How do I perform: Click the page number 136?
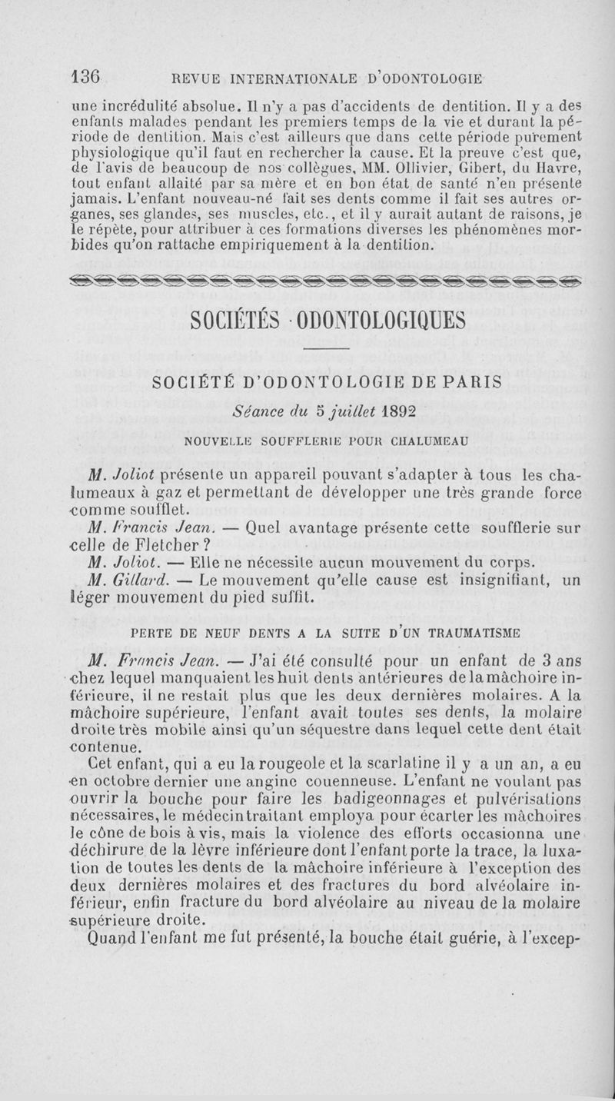click(86, 77)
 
